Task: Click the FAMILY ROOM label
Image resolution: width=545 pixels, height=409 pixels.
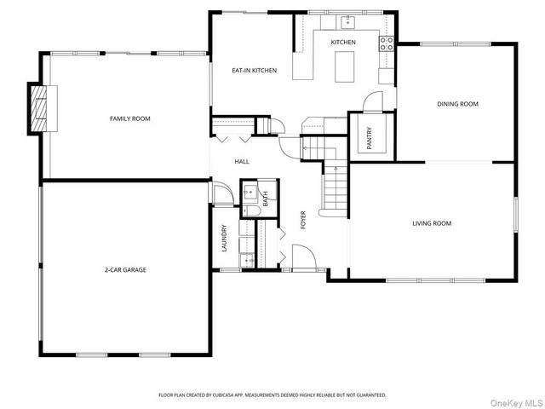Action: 129,118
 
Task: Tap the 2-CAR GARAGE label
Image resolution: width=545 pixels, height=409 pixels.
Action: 125,269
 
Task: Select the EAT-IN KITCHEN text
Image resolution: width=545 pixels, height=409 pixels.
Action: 255,71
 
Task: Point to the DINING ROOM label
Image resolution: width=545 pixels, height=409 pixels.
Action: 457,104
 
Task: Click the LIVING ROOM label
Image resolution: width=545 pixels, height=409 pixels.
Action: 431,223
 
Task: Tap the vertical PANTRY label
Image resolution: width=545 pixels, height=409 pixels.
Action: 370,140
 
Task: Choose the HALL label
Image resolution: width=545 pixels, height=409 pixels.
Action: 242,160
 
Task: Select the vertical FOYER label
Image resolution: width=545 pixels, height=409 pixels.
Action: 303,220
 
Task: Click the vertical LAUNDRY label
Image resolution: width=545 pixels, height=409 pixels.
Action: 224,238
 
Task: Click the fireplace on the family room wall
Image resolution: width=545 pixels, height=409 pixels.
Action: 39,109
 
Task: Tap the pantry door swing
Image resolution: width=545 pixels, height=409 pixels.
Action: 372,101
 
